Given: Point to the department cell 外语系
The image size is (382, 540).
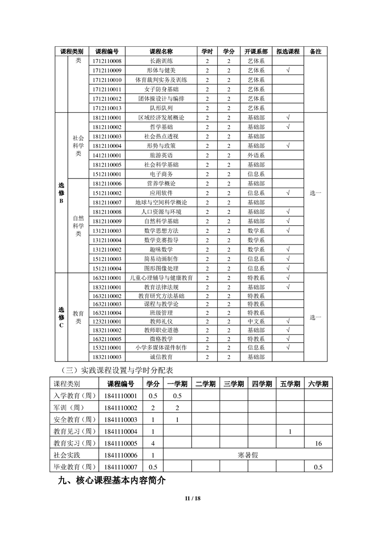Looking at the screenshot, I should click(256, 155).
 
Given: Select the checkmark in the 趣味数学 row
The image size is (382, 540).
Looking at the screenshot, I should click(288, 249).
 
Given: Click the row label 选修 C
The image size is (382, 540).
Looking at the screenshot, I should click(61, 318).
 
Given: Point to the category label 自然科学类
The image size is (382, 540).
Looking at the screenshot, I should click(79, 226).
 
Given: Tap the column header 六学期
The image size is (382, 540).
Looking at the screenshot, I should click(318, 384).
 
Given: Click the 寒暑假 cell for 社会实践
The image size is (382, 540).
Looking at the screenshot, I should click(248, 455).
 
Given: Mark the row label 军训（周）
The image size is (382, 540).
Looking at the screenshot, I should click(73, 408).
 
